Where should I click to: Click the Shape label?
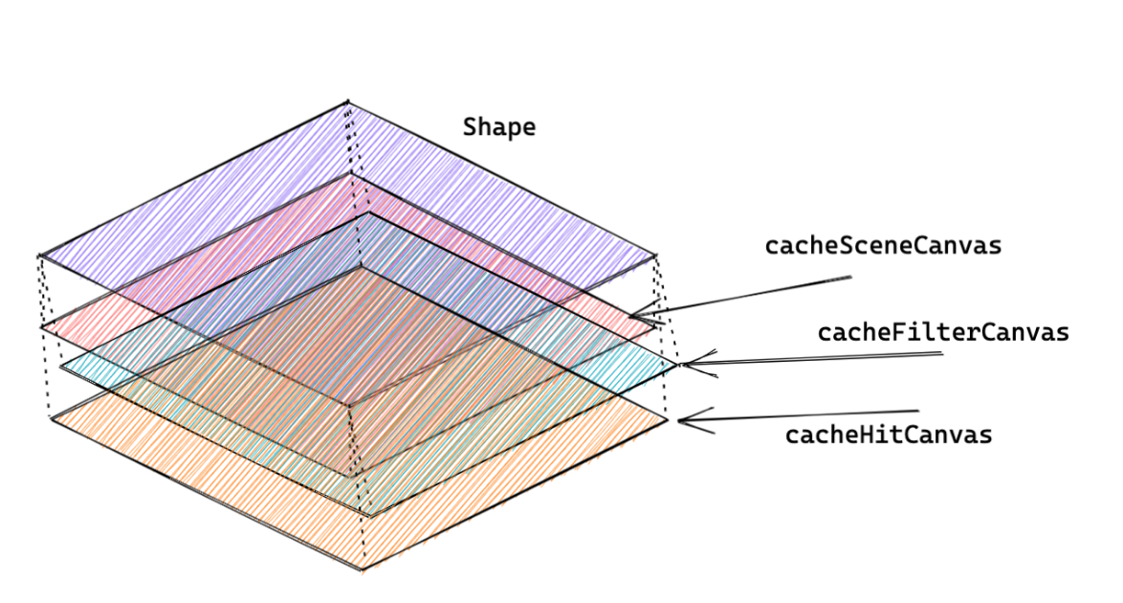click(x=499, y=127)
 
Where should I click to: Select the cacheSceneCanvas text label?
click(x=883, y=246)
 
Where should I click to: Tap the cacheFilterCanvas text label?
click(x=942, y=333)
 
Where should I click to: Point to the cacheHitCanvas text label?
click(x=889, y=435)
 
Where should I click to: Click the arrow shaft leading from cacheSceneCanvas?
click(x=746, y=296)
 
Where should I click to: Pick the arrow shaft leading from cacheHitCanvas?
click(x=804, y=415)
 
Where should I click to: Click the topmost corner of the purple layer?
click(x=347, y=100)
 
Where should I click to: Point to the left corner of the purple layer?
click(x=39, y=256)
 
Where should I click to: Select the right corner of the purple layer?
click(x=657, y=256)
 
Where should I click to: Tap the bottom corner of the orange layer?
click(x=362, y=570)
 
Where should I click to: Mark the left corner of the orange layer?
click(x=50, y=417)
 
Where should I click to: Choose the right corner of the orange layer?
click(x=668, y=418)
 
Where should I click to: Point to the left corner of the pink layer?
click(x=41, y=328)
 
